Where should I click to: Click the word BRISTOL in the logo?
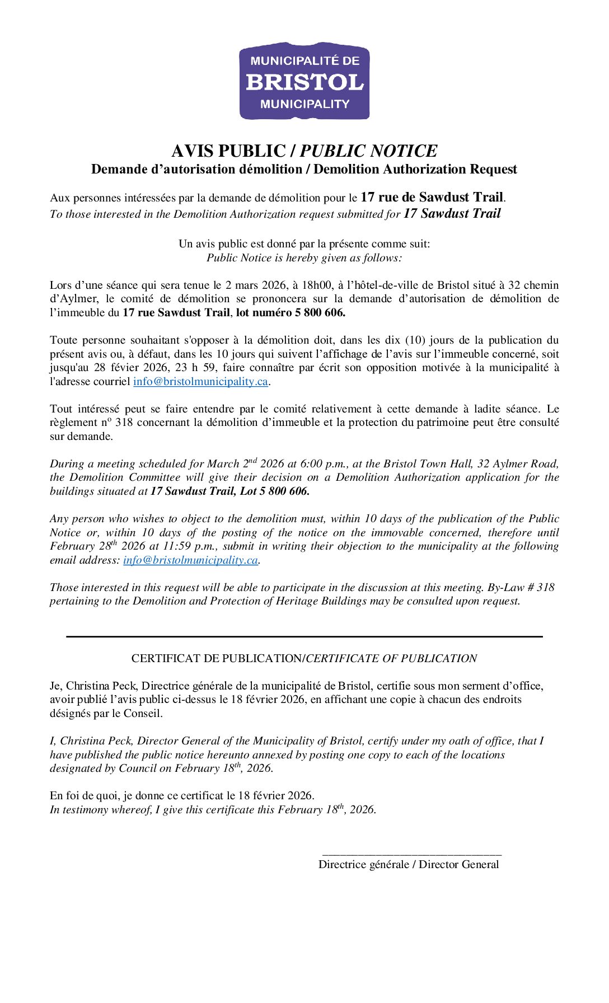click(x=304, y=82)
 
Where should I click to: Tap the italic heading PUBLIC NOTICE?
click(x=368, y=151)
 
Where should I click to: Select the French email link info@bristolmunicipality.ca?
click(x=200, y=382)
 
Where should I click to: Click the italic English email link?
click(x=190, y=560)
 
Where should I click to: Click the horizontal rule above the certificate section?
click(x=304, y=636)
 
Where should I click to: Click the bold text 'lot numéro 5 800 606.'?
click(x=291, y=313)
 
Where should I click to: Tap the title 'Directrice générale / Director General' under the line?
click(x=409, y=865)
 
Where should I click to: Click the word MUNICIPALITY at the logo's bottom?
click(x=304, y=104)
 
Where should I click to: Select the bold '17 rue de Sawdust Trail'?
click(x=432, y=197)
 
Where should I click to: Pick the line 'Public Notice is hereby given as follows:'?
click(x=304, y=258)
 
